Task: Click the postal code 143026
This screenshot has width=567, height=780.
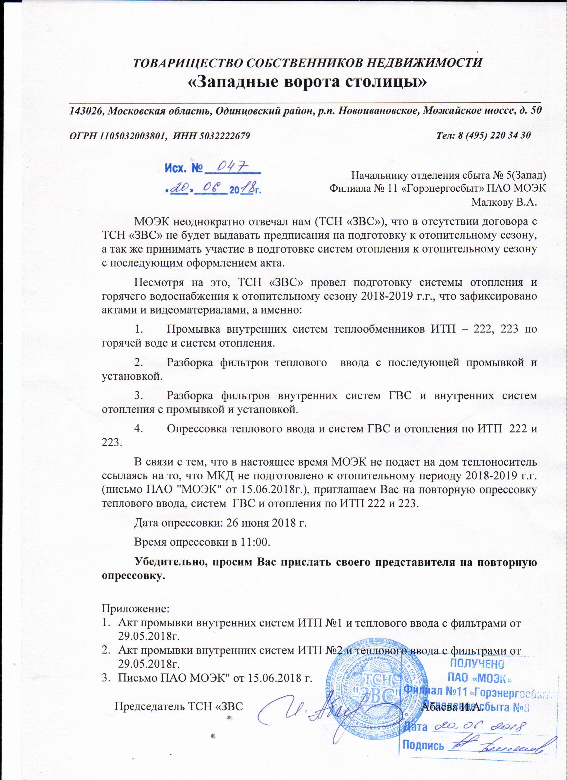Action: click(x=86, y=111)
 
